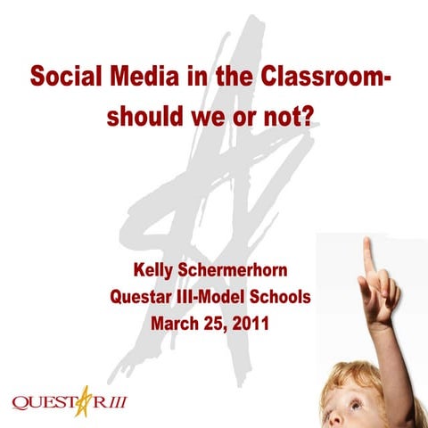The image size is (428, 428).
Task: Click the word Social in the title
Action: click(60, 78)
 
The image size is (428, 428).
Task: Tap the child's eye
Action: click(355, 406)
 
